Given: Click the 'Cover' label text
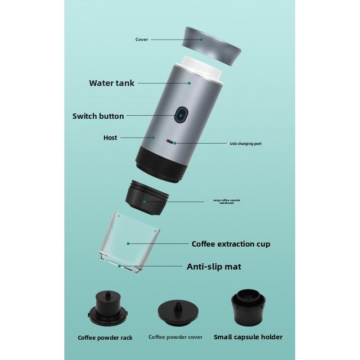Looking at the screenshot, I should click(x=142, y=40).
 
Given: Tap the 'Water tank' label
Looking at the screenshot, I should click(x=112, y=83).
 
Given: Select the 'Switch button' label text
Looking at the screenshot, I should click(x=98, y=116).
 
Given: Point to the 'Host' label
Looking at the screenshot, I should click(x=110, y=138).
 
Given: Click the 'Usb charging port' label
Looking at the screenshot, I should click(x=245, y=144).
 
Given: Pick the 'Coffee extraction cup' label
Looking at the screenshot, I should click(x=231, y=244).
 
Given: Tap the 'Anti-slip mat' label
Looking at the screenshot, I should click(x=214, y=267).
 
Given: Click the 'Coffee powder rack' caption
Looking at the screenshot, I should click(x=105, y=337).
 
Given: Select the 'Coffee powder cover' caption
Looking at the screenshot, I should click(x=175, y=337).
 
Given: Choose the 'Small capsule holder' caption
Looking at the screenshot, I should click(x=248, y=337).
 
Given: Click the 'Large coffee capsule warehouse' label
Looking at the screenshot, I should click(x=224, y=202).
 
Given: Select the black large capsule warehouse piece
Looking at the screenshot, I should click(x=147, y=199).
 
